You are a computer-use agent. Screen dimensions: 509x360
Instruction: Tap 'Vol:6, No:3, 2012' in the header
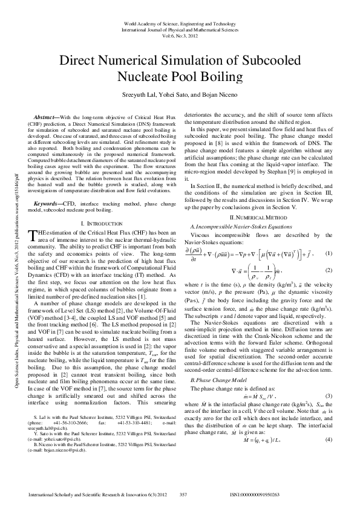coord(180,36)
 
